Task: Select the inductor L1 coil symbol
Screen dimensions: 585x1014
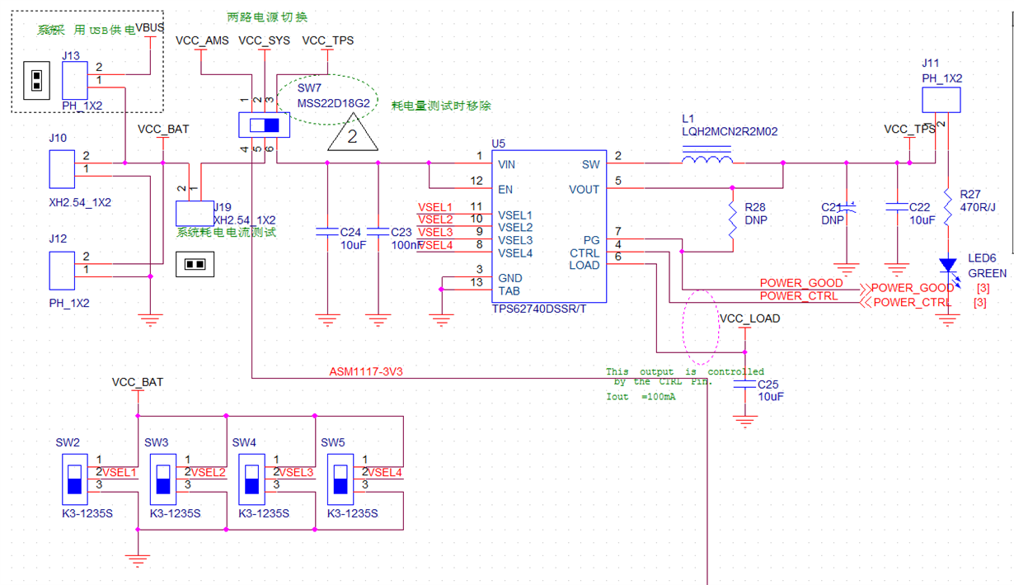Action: click(x=707, y=156)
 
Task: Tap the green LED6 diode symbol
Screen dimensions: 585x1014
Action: click(x=948, y=265)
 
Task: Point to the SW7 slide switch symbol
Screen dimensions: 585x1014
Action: click(x=259, y=126)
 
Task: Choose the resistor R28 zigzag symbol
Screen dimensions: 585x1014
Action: click(x=732, y=219)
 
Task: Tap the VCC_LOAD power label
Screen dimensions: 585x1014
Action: click(x=749, y=318)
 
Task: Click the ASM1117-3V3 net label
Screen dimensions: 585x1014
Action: click(x=366, y=372)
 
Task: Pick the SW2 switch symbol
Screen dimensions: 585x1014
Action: click(x=74, y=479)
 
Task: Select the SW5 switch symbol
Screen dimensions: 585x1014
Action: click(x=340, y=479)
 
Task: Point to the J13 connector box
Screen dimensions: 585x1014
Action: click(x=74, y=82)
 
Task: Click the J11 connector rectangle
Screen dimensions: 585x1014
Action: click(x=941, y=100)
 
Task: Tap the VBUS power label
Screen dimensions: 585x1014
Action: click(x=150, y=28)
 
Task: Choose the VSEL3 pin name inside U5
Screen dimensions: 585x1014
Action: click(x=515, y=240)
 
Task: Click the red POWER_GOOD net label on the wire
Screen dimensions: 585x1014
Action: click(x=801, y=283)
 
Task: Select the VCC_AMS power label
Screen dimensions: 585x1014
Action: click(x=202, y=40)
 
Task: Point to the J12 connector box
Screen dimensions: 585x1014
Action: click(x=62, y=270)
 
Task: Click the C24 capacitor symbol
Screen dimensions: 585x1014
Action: click(x=327, y=234)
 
